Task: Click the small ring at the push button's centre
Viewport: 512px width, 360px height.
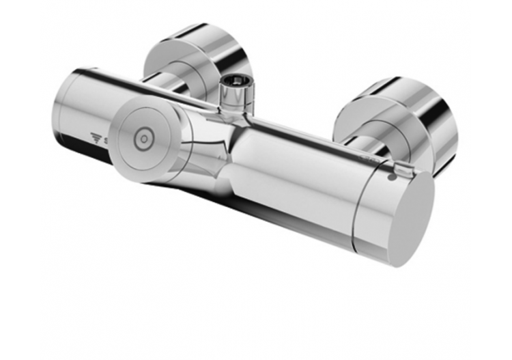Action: click(x=143, y=138)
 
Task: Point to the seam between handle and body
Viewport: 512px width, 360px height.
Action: click(x=357, y=205)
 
